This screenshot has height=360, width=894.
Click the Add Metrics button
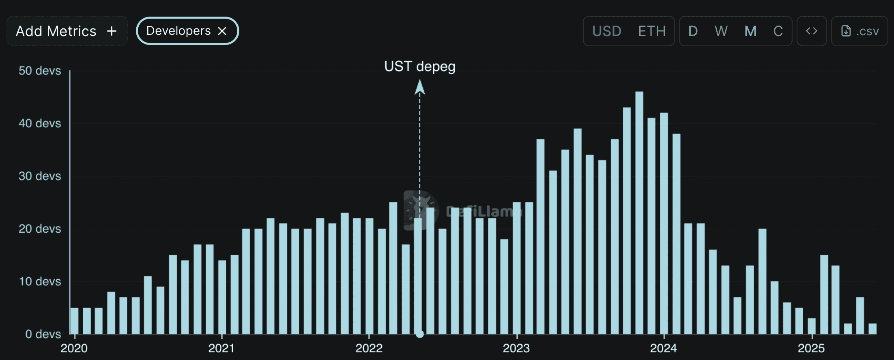point(67,31)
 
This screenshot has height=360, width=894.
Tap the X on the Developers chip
point(222,31)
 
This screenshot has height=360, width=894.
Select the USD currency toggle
point(606,31)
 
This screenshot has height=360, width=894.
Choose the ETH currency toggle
point(652,31)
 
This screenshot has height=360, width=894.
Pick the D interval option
point(693,31)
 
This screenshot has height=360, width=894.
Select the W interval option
point(721,31)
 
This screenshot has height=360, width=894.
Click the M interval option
point(750,31)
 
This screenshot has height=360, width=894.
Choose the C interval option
point(778,31)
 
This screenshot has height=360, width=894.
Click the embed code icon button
point(811,31)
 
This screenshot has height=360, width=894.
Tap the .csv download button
point(860,31)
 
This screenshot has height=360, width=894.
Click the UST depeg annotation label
point(419,66)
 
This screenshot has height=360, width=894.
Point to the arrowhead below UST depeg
point(420,87)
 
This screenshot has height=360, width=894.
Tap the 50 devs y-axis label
point(40,71)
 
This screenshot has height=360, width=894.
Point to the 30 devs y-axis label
point(40,176)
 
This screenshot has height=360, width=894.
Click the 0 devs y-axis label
point(43,334)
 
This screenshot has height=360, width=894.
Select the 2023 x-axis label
point(516,348)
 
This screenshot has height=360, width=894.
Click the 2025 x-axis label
point(811,348)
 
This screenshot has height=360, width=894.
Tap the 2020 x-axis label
point(74,348)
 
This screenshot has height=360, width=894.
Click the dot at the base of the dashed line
point(420,334)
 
